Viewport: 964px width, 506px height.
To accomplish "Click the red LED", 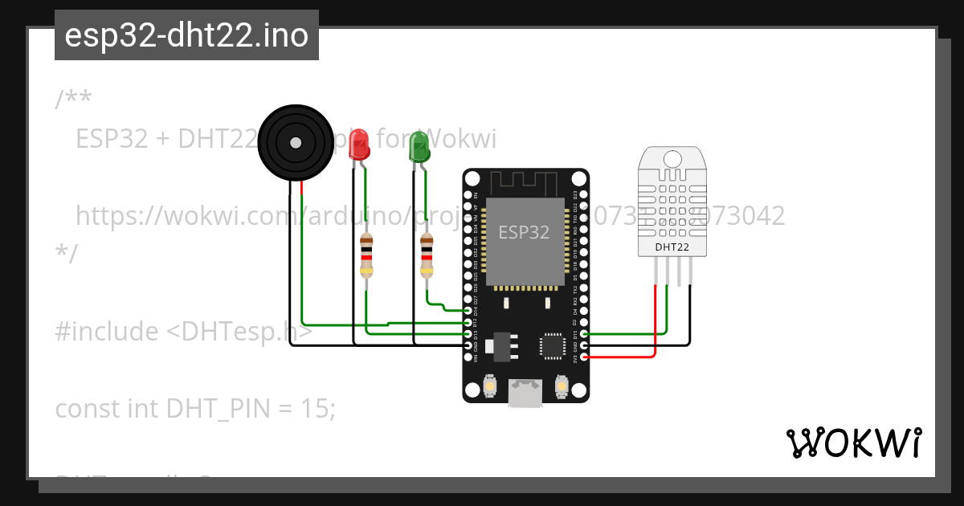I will coord(359,145).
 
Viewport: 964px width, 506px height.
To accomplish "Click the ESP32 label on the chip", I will coord(524,232).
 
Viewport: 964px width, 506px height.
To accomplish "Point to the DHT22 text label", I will coord(672,247).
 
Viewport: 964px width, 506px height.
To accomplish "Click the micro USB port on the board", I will coord(525,393).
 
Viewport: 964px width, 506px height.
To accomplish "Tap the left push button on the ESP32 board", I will coord(489,389).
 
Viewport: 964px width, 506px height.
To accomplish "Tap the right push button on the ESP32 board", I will coord(562,389).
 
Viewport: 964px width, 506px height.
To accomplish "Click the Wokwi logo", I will coord(853,443).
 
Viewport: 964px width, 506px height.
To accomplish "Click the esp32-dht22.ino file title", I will coord(186,36).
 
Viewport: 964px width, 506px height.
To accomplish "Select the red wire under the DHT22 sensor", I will coord(656,321).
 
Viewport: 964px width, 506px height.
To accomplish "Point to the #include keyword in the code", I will coord(106,332).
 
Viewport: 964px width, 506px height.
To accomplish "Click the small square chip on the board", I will coord(553,345).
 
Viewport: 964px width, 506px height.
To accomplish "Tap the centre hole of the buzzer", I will coord(296,143).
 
